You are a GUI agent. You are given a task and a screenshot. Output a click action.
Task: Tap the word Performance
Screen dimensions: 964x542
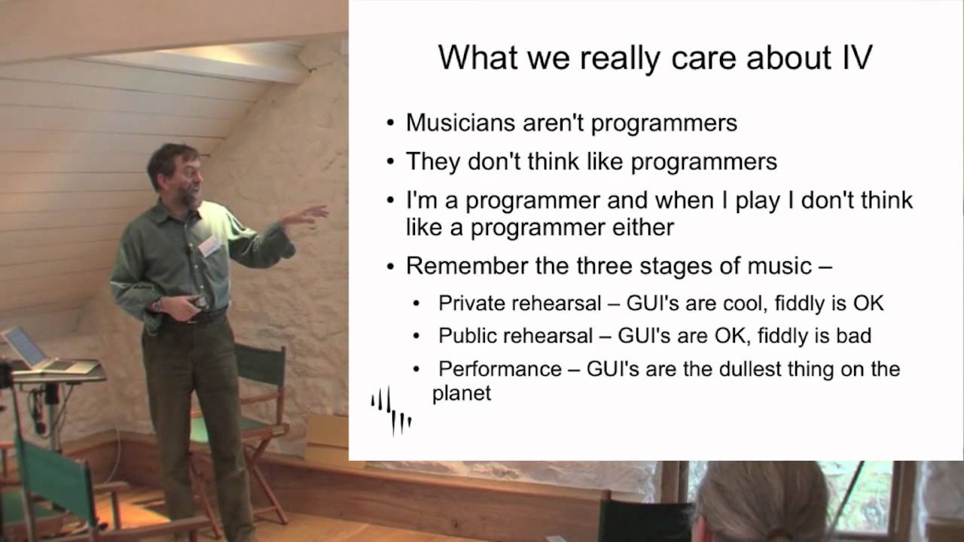[x=499, y=369]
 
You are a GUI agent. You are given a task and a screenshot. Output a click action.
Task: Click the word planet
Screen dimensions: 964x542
[x=462, y=394]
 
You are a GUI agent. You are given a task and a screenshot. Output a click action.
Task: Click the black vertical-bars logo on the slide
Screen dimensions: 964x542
[x=391, y=411]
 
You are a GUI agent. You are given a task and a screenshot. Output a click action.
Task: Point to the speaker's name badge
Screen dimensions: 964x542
[x=209, y=247]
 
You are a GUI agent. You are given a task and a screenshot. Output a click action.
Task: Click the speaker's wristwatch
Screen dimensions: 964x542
[x=157, y=305]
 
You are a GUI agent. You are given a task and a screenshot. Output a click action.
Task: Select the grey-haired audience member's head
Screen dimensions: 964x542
[x=761, y=501]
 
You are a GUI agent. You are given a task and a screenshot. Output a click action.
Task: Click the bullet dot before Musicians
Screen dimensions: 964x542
[x=390, y=123]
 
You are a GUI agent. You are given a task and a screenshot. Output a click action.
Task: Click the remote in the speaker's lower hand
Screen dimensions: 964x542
[x=197, y=301]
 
